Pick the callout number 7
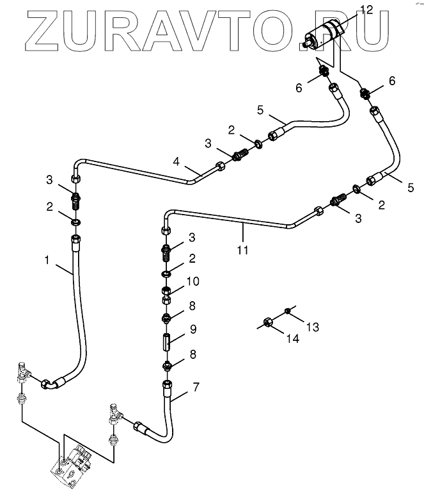(x=196, y=387)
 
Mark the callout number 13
(x=312, y=327)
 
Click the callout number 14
(x=292, y=339)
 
